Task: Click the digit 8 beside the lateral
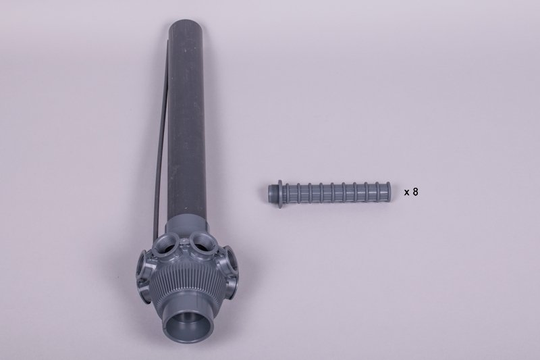[415, 192]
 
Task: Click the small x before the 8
[407, 192]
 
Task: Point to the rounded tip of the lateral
[388, 192]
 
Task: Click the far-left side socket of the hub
[142, 264]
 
